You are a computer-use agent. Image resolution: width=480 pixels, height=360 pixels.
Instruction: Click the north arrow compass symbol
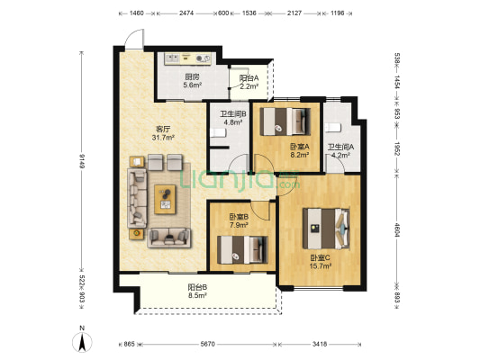click(x=82, y=342)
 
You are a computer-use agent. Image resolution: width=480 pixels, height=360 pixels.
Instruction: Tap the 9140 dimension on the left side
click(x=82, y=161)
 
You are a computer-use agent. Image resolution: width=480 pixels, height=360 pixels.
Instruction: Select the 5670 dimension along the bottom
click(x=207, y=344)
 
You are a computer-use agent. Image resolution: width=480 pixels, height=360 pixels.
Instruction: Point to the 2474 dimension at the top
click(x=186, y=13)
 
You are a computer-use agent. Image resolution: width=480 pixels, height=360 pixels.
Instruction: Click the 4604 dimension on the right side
click(x=397, y=230)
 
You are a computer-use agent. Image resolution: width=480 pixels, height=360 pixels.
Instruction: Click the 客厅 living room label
click(x=163, y=129)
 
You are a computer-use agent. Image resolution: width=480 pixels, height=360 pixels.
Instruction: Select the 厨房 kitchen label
click(x=192, y=76)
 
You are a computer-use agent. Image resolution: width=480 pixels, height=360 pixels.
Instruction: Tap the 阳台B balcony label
click(x=197, y=287)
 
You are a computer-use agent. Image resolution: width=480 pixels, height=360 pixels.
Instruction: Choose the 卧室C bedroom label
click(x=321, y=257)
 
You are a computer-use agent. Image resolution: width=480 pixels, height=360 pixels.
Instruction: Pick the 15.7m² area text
click(x=321, y=266)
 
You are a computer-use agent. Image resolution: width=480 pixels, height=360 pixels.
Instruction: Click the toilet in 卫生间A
click(x=333, y=127)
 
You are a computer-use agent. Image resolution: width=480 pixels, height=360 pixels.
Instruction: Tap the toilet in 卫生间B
click(x=218, y=132)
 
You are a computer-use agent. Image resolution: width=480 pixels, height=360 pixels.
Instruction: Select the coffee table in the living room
click(x=165, y=199)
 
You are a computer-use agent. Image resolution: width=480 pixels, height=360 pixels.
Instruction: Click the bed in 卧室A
click(x=285, y=121)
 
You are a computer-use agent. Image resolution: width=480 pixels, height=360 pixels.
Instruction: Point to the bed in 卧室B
click(x=242, y=250)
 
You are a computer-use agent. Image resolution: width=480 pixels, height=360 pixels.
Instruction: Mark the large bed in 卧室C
click(x=326, y=229)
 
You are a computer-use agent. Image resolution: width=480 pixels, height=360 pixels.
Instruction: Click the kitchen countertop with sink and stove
click(x=187, y=58)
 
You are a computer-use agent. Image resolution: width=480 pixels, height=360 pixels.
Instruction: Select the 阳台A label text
click(x=249, y=78)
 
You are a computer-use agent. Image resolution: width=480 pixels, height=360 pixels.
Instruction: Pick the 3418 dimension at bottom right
click(x=320, y=344)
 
